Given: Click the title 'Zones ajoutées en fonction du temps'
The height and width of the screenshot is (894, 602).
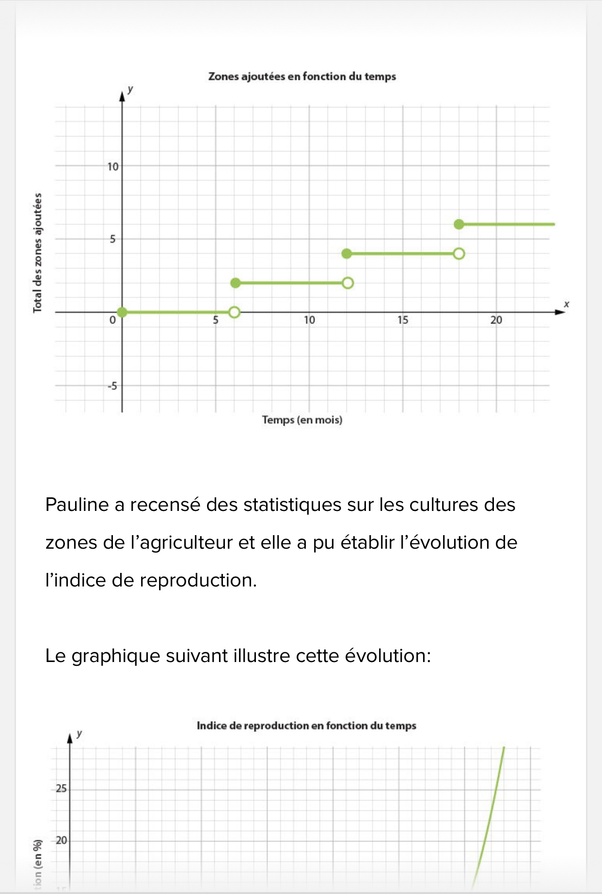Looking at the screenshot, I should (302, 77).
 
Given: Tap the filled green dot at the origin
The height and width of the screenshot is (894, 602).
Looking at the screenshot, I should (122, 312).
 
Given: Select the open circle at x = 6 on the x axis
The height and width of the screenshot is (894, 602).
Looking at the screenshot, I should (234, 312).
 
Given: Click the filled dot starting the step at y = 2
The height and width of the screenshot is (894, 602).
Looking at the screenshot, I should (235, 283).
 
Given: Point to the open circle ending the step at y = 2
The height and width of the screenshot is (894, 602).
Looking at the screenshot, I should (348, 283).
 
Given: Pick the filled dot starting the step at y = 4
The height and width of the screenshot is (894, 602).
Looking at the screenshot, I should (347, 254).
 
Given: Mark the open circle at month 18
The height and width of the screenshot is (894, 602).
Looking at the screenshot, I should (459, 254).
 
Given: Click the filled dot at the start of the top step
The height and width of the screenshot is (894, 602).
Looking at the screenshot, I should (459, 224).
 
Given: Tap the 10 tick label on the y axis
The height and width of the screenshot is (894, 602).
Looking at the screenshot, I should (112, 167).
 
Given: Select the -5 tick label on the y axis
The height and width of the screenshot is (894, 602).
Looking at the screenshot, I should (112, 386).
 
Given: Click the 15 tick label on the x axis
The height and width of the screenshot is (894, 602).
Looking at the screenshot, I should (402, 320).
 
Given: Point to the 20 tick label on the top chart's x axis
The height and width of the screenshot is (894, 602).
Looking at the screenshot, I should (496, 320).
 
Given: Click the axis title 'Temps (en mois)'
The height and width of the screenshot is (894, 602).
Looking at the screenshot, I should (302, 420).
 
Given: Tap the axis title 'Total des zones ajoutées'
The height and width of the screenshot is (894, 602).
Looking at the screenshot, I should (37, 253).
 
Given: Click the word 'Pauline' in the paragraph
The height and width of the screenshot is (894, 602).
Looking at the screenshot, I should (77, 505).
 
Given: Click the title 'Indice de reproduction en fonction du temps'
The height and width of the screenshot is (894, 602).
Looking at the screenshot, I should (306, 725).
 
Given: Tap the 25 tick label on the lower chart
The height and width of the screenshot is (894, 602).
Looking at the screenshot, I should (61, 788).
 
